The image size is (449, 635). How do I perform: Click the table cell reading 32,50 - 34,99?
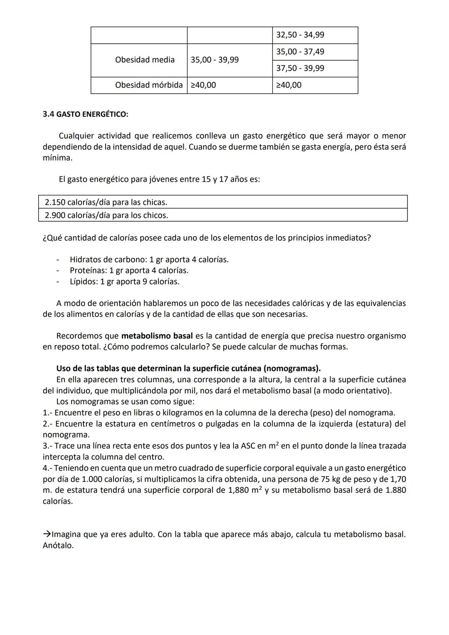pyautogui.click(x=300, y=35)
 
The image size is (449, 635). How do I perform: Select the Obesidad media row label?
pyautogui.click(x=145, y=60)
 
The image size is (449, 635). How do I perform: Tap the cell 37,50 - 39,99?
pyautogui.click(x=300, y=68)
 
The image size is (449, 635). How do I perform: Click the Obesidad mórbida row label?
pyautogui.click(x=149, y=85)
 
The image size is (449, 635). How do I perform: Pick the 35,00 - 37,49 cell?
pyautogui.click(x=300, y=52)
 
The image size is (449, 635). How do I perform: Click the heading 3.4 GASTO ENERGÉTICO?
pyautogui.click(x=85, y=114)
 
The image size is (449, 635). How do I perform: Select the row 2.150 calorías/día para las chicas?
pyautogui.click(x=106, y=203)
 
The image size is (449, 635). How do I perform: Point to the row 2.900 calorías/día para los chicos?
pyautogui.click(x=106, y=215)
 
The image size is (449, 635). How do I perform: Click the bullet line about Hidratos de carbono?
pyautogui.click(x=149, y=260)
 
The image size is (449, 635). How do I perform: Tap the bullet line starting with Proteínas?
pyautogui.click(x=129, y=271)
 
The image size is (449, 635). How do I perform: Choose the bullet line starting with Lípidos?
pyautogui.click(x=124, y=282)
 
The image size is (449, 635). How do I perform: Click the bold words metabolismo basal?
pyautogui.click(x=157, y=336)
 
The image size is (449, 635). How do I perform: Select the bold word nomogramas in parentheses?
pyautogui.click(x=291, y=369)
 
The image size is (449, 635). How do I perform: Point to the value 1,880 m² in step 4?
pyautogui.click(x=245, y=490)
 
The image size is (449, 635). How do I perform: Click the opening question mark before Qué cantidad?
pyautogui.click(x=44, y=238)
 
